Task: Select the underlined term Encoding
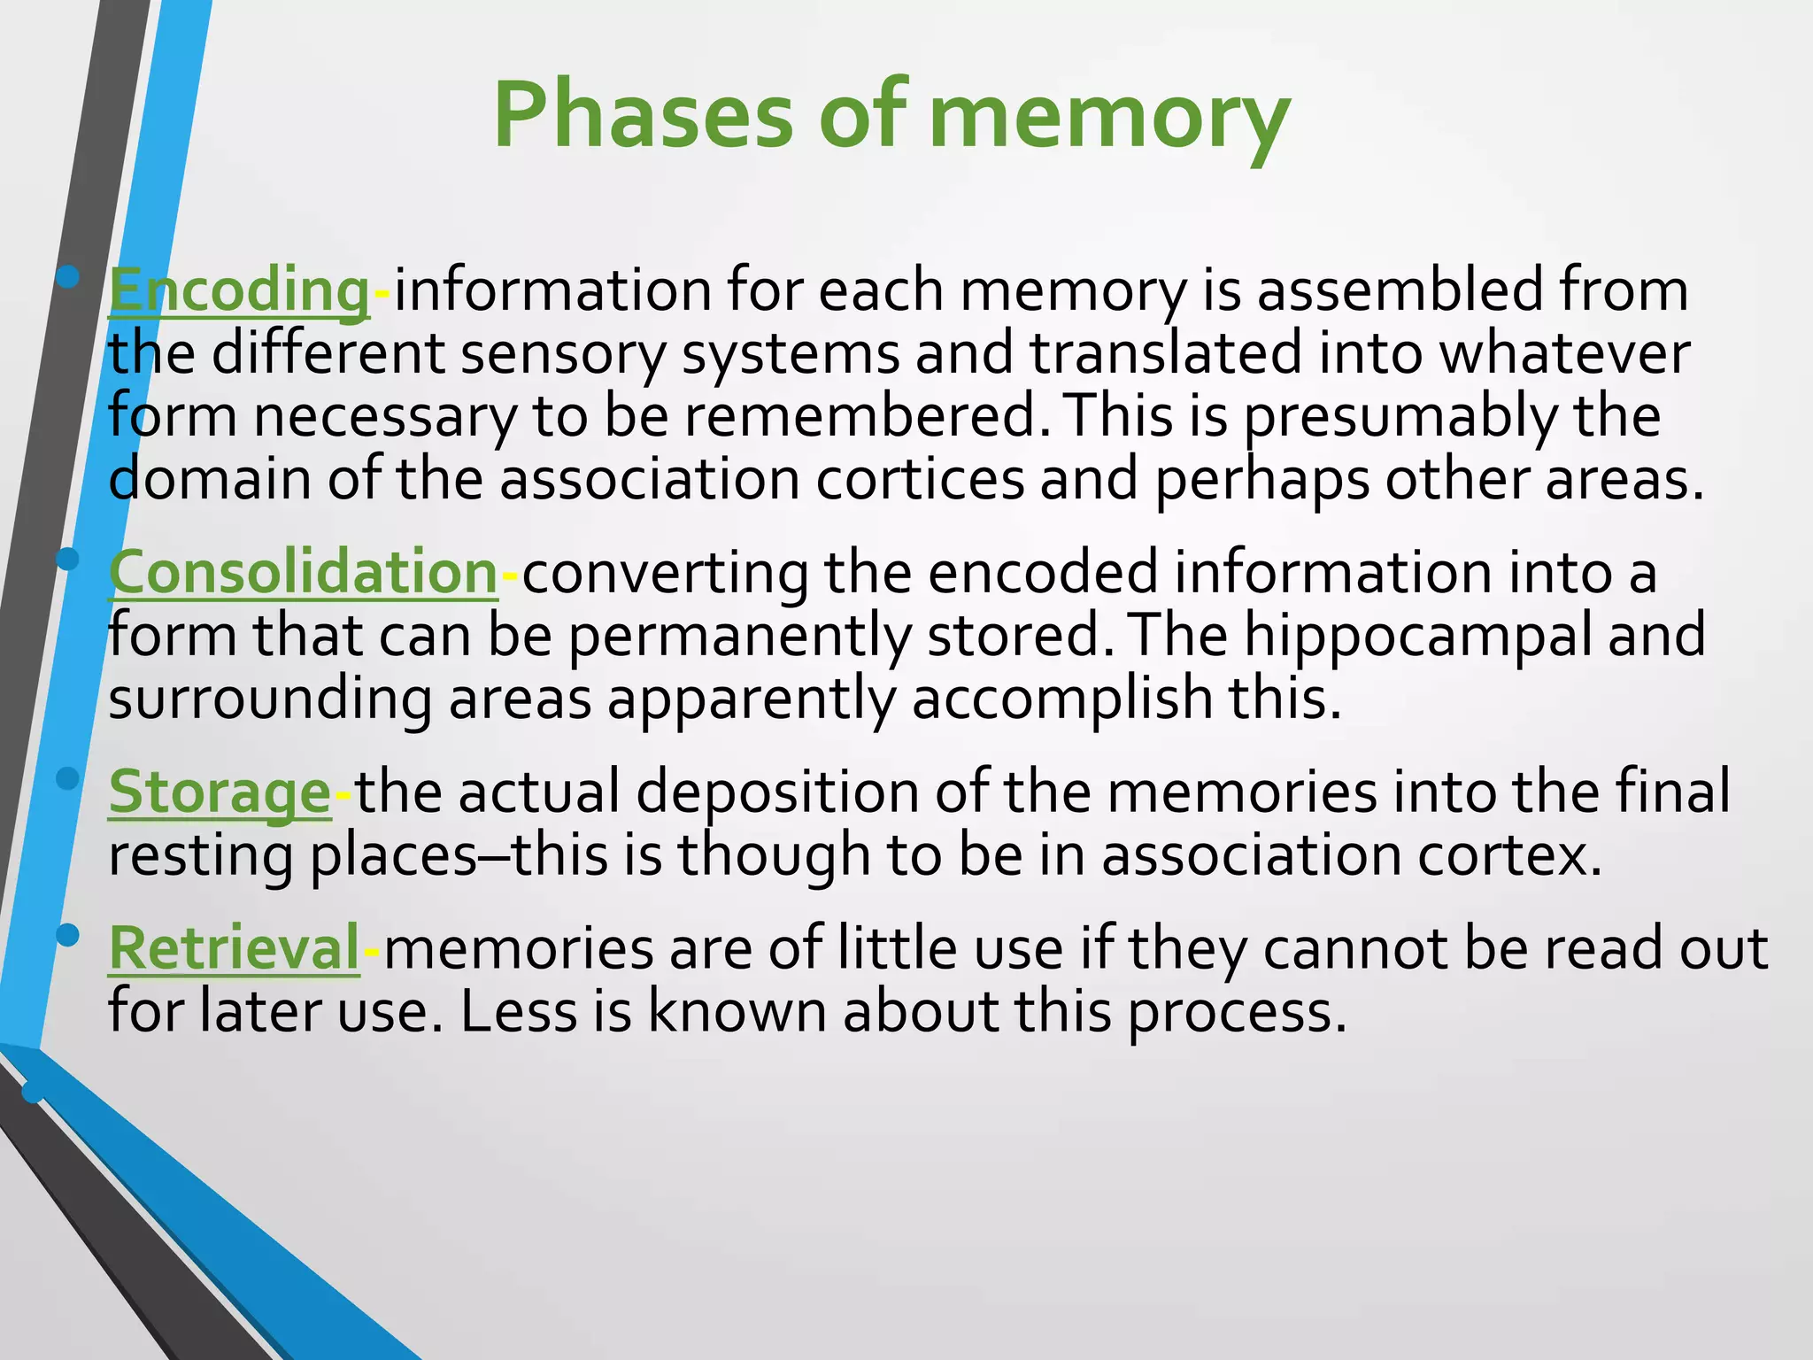tap(239, 290)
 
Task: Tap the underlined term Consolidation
tap(304, 572)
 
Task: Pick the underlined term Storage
tap(220, 791)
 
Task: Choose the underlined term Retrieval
tap(235, 947)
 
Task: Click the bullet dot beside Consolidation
tap(68, 559)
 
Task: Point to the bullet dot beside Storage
tap(68, 778)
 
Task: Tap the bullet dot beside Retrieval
tap(68, 935)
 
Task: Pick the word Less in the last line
tap(519, 1011)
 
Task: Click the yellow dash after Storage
tap(343, 793)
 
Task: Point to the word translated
tap(1165, 353)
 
